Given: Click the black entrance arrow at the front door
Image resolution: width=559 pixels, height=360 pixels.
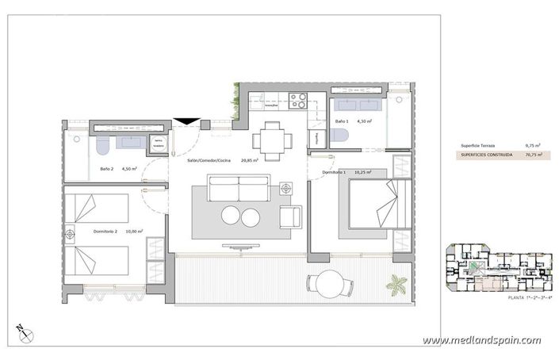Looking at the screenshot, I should click(187, 121).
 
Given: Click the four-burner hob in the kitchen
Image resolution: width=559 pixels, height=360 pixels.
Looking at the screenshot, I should click(298, 101).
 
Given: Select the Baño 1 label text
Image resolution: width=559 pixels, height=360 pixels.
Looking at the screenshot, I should click(342, 121).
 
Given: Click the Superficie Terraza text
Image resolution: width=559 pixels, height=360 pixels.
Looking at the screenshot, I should click(479, 146).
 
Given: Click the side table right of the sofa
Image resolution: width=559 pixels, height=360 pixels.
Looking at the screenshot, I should click(286, 188).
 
